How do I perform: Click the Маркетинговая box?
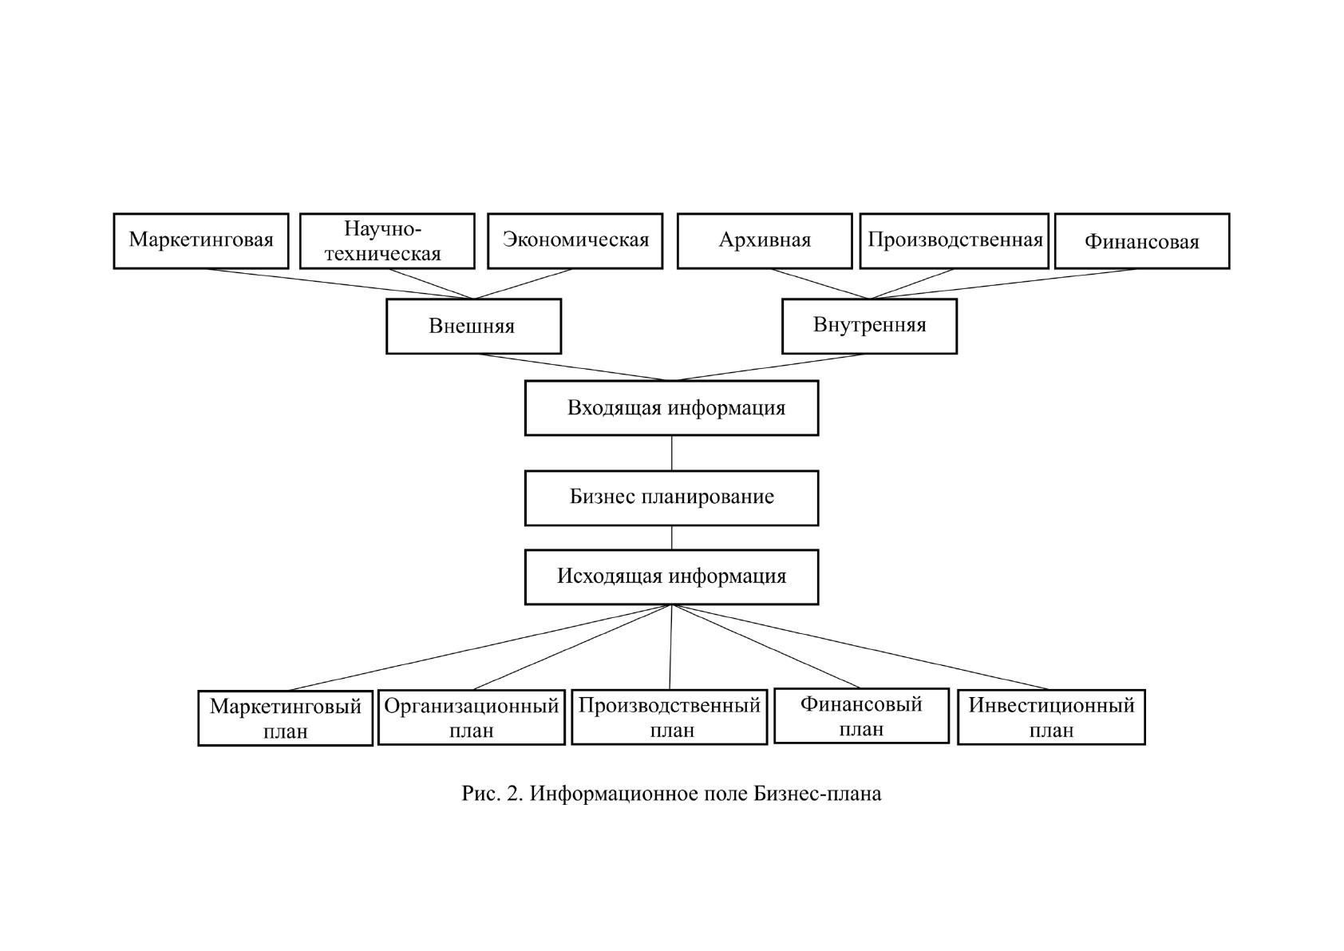201,241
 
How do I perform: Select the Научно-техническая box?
387,241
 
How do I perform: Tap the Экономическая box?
575,241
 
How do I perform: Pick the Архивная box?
765,241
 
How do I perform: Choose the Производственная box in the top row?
954,241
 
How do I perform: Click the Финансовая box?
1142,241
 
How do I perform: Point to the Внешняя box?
473,326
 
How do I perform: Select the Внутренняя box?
869,326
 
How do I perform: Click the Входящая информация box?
671,408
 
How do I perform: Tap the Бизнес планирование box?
671,497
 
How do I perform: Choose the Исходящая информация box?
671,577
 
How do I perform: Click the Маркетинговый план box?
285,718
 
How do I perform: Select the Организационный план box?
472,718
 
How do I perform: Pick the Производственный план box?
669,717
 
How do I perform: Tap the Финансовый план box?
862,715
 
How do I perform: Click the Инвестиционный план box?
1051,717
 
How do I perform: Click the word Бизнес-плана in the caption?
817,794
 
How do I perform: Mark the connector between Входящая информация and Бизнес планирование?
671,454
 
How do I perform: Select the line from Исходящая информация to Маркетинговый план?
480,648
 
